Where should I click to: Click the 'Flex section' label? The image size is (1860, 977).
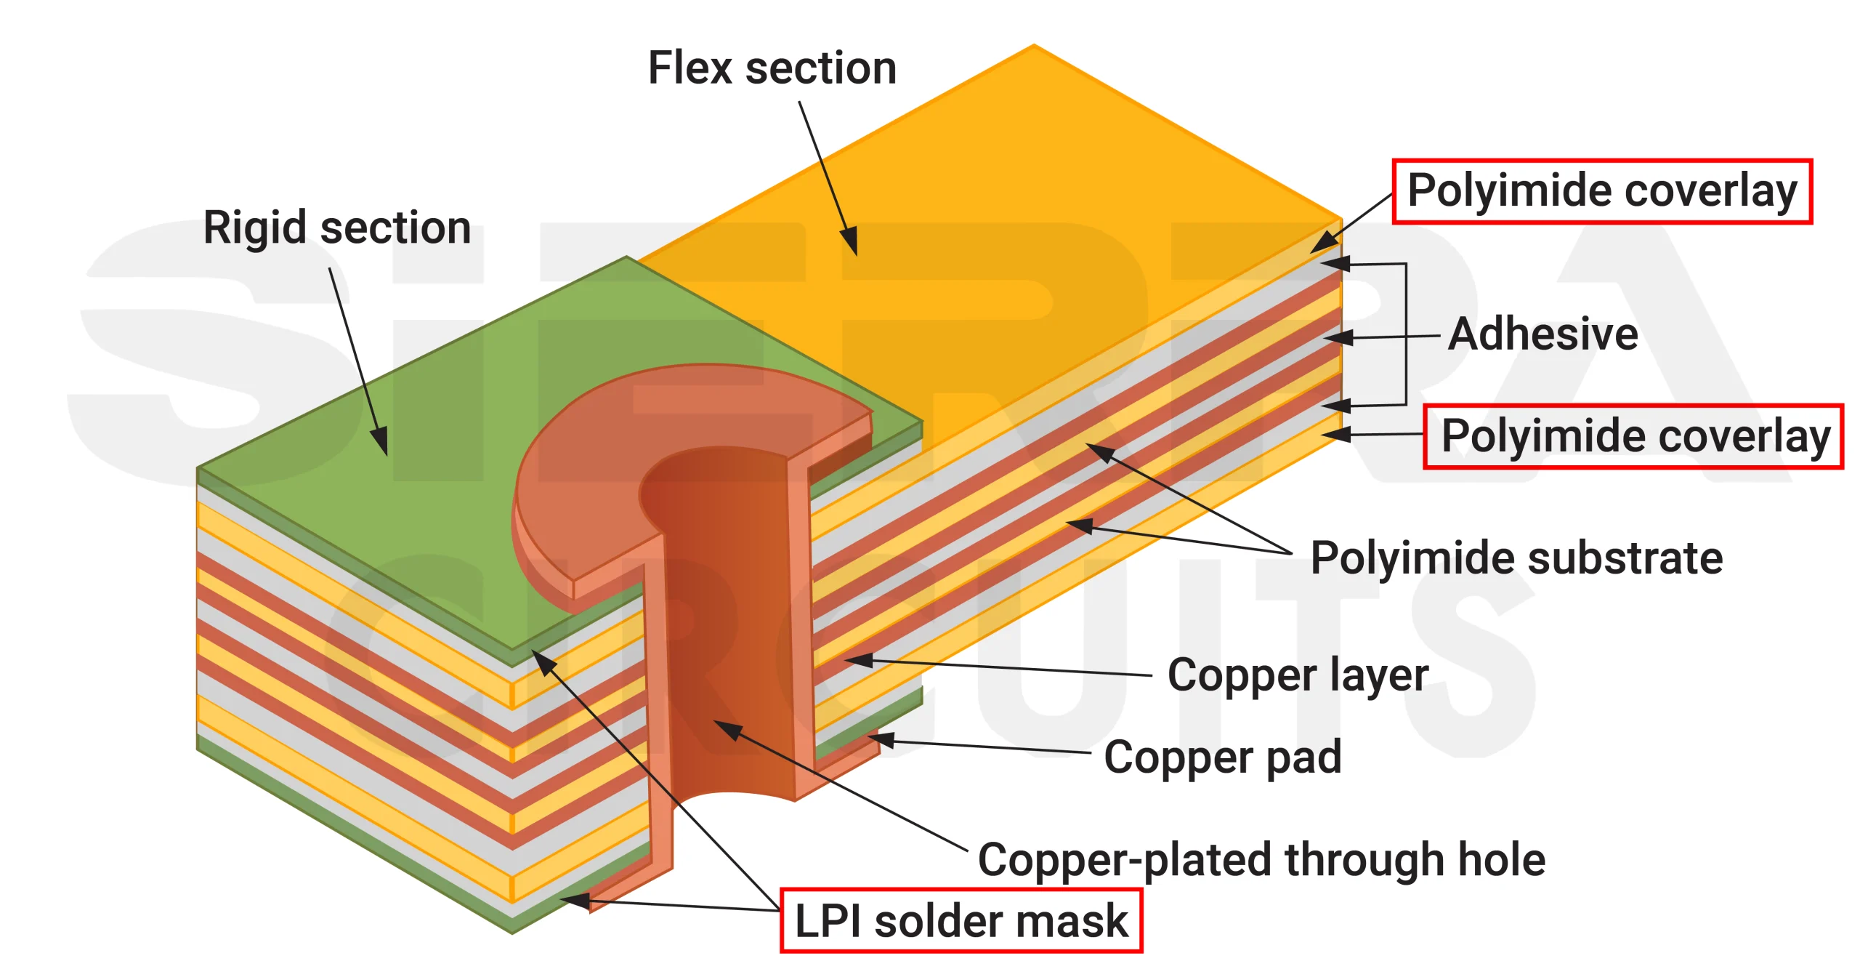click(772, 68)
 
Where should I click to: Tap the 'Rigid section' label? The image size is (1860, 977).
click(337, 228)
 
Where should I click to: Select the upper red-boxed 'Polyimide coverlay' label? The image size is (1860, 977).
click(1601, 191)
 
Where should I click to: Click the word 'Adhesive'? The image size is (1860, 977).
click(1543, 334)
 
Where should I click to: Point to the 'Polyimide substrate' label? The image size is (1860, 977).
click(1516, 558)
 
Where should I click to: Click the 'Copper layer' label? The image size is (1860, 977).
click(1298, 675)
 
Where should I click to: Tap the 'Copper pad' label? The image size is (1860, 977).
click(1222, 757)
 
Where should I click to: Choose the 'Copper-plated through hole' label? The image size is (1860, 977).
click(1261, 860)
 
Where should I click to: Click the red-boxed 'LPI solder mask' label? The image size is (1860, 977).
click(961, 921)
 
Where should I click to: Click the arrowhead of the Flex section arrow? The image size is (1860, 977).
click(852, 244)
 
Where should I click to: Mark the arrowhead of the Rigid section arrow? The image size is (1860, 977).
click(381, 443)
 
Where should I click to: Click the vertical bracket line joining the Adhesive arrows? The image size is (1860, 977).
click(1406, 334)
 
